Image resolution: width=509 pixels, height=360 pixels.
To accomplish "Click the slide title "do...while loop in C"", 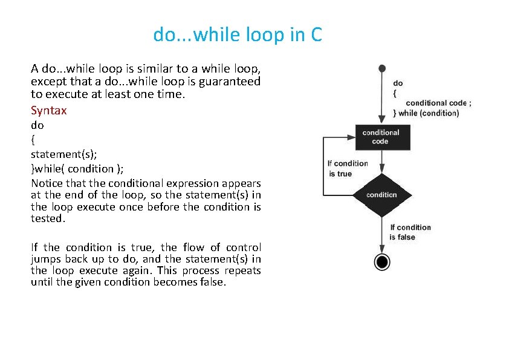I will (238, 35).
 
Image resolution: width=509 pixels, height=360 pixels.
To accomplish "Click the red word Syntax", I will (48, 111).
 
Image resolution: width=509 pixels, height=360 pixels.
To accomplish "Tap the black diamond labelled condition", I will (381, 195).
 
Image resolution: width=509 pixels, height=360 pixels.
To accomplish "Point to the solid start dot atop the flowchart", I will (381, 68).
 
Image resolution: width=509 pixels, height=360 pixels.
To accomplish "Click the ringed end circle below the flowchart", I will (381, 261).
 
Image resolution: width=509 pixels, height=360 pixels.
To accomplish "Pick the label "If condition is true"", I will (347, 168).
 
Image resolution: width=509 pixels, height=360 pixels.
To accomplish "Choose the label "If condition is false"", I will (410, 232).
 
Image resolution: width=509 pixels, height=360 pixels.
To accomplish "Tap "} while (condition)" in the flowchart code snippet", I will (426, 113).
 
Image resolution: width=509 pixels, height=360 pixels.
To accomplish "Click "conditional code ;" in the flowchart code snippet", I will (439, 103).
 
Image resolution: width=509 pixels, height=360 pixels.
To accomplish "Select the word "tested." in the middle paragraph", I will (47, 218).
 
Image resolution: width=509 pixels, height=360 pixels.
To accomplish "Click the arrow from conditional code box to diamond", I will (381, 162).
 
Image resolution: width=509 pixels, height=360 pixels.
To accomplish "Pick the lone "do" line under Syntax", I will (37, 125).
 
